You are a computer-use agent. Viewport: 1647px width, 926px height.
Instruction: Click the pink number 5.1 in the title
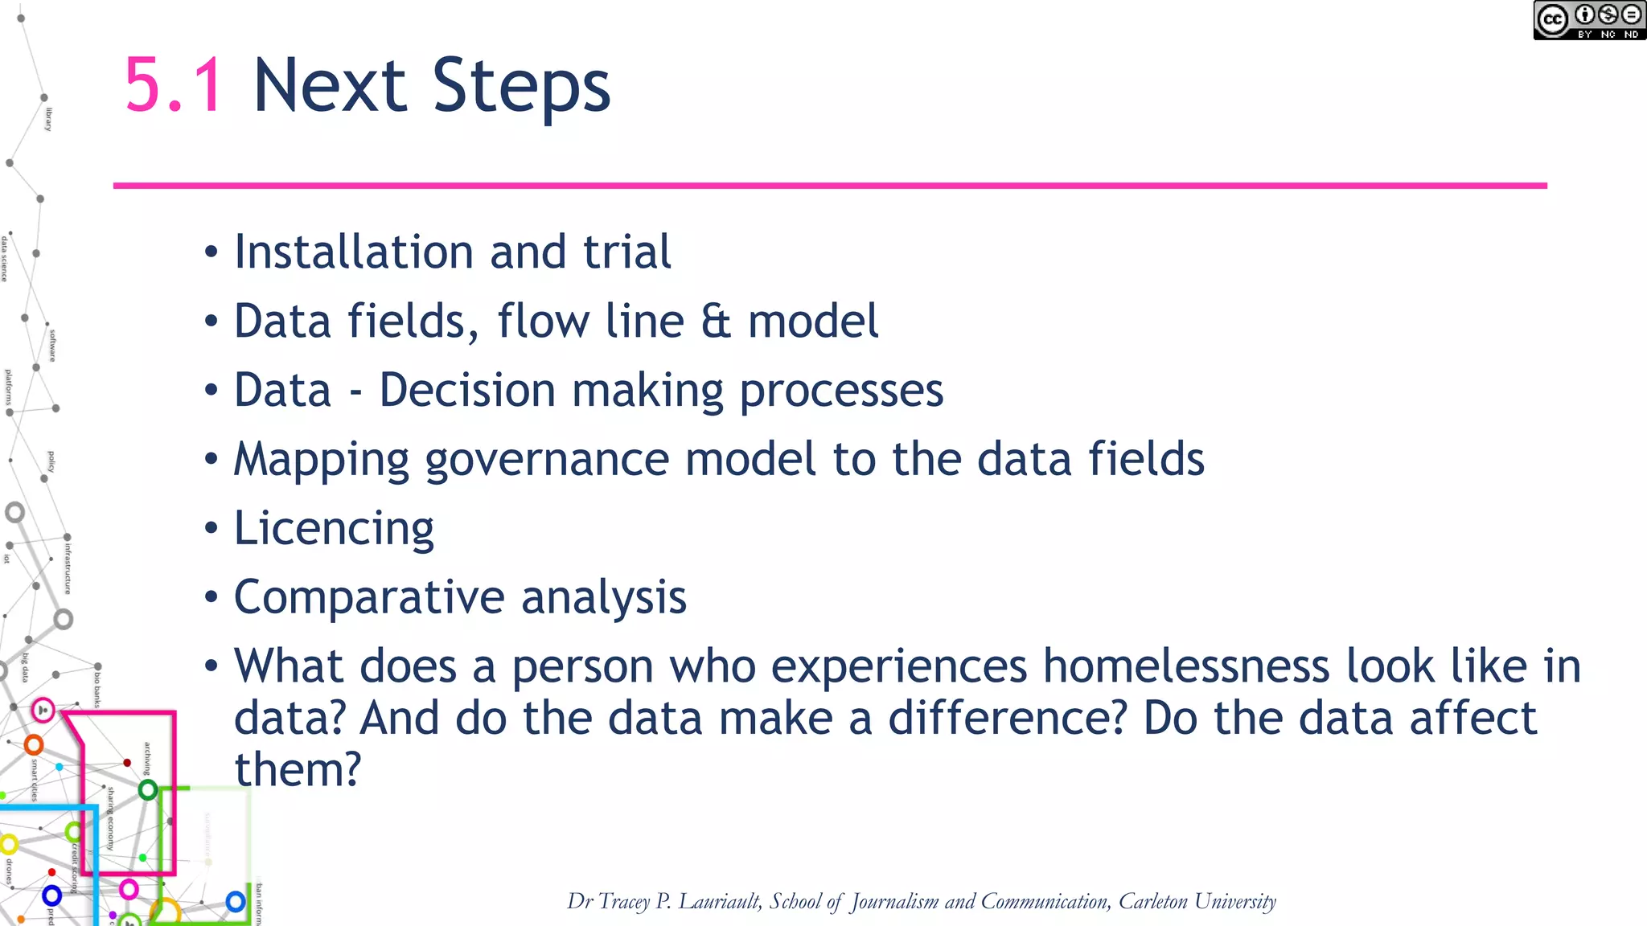pyautogui.click(x=174, y=85)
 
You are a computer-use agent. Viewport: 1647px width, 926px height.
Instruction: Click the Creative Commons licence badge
pyautogui.click(x=1588, y=20)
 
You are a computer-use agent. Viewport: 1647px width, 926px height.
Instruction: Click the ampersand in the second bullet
pyautogui.click(x=716, y=322)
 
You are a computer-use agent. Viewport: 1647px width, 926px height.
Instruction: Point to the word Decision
pyautogui.click(x=467, y=391)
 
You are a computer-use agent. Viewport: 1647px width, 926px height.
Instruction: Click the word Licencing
pyautogui.click(x=334, y=529)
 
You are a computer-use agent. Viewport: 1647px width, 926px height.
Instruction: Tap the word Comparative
pyautogui.click(x=369, y=598)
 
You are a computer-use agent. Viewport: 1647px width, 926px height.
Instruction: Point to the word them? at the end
pyautogui.click(x=298, y=769)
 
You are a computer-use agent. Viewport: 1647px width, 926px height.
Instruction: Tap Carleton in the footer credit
pyautogui.click(x=1152, y=901)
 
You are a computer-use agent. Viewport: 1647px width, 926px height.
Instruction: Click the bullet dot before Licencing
pyautogui.click(x=212, y=529)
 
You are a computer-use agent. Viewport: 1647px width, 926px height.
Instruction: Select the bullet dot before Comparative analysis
pyautogui.click(x=212, y=598)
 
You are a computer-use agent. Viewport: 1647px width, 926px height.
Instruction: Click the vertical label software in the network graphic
pyautogui.click(x=52, y=345)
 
